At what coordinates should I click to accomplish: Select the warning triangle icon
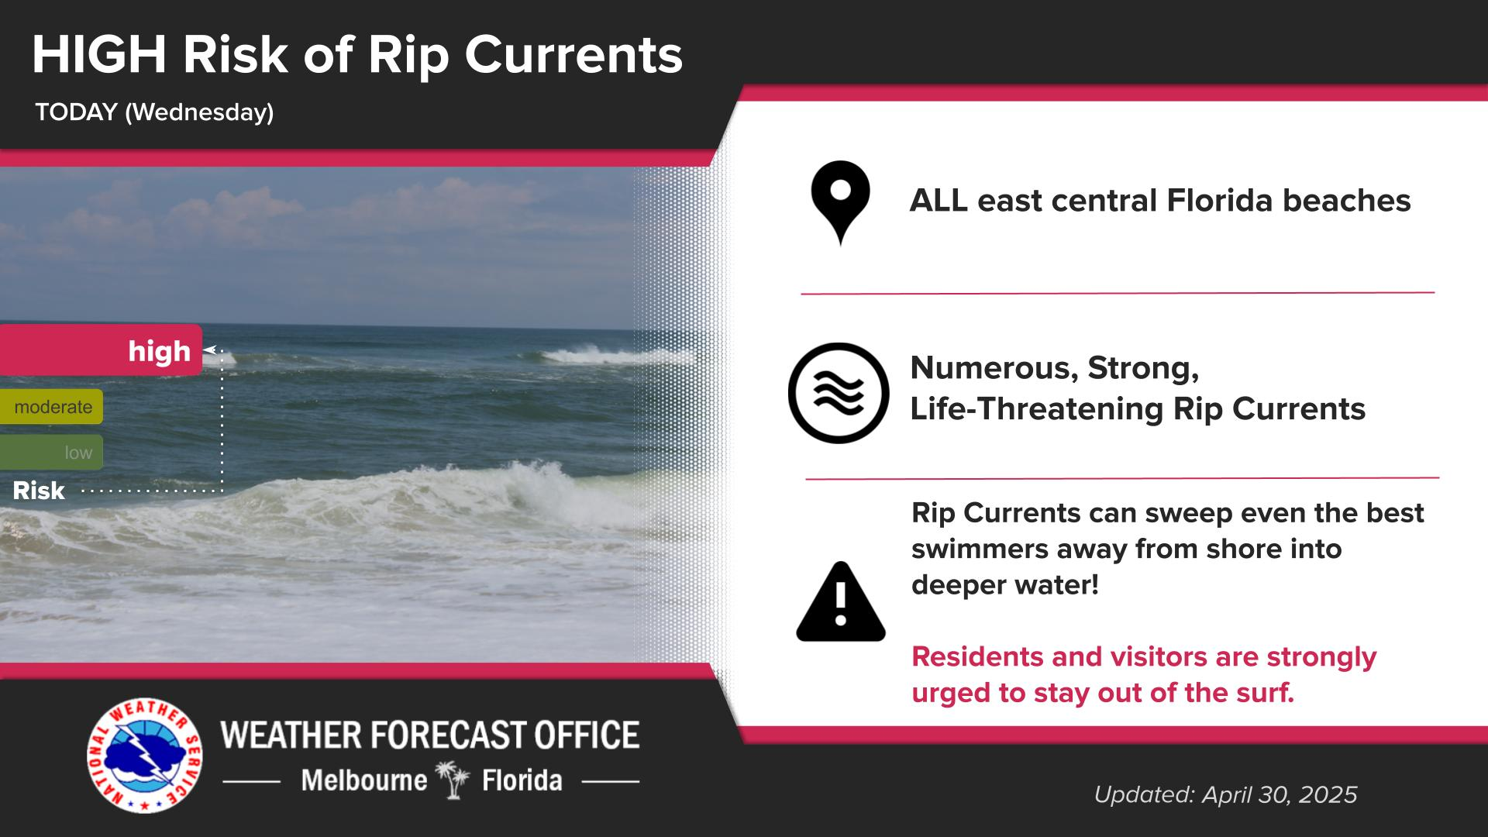pos(841,602)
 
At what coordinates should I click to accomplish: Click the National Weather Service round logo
pos(145,756)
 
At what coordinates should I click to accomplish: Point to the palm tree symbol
pos(454,780)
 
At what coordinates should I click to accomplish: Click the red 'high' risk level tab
pos(101,350)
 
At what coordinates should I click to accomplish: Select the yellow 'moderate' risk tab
pos(51,407)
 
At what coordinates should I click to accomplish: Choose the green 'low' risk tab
pos(51,453)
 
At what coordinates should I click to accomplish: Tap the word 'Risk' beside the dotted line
pos(39,491)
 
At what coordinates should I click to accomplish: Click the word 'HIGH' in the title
pos(99,56)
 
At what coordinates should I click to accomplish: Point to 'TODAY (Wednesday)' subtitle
pos(154,113)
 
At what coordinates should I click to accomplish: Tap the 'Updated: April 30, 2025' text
pos(1225,794)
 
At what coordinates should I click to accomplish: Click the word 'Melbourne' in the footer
pos(364,780)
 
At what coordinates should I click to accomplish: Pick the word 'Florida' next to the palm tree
pos(522,780)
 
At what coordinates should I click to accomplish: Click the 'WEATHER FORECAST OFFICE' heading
pos(430,735)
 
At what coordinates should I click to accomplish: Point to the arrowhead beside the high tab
pos(208,350)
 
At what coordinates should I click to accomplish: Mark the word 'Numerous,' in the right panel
pos(994,368)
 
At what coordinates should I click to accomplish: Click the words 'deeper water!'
pos(1005,585)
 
